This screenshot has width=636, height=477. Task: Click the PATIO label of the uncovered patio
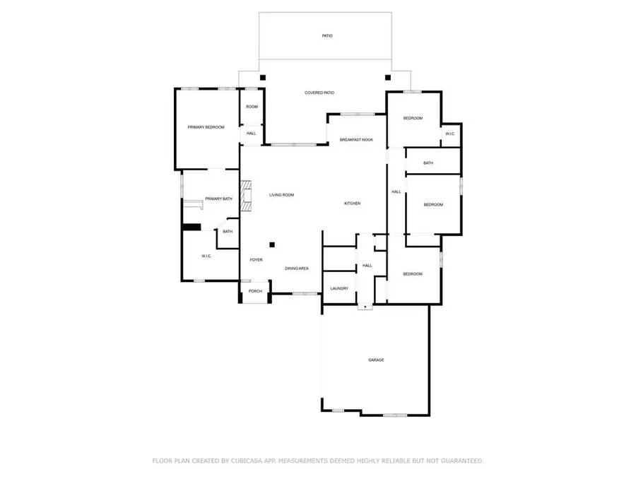[x=326, y=35]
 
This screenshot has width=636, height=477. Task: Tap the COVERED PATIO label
[x=319, y=93]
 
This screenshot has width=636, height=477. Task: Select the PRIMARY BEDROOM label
[x=206, y=127]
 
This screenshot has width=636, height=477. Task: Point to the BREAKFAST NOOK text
[x=356, y=140]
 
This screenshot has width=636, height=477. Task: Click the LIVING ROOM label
[x=281, y=194]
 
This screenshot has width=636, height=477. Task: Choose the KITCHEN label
[x=352, y=204]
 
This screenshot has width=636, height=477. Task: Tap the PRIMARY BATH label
[x=218, y=199]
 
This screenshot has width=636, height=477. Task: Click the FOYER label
[x=256, y=259]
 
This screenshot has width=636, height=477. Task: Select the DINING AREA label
[x=296, y=269]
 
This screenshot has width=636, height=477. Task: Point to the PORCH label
[x=255, y=291]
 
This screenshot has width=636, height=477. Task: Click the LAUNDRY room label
[x=339, y=288]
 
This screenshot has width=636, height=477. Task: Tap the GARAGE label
[x=376, y=360]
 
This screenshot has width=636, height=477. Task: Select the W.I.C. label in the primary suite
[x=206, y=256]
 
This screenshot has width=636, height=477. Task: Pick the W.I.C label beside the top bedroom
[x=450, y=134]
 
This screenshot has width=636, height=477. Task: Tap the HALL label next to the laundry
[x=367, y=266]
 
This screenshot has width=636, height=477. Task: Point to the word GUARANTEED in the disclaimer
[x=452, y=461]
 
